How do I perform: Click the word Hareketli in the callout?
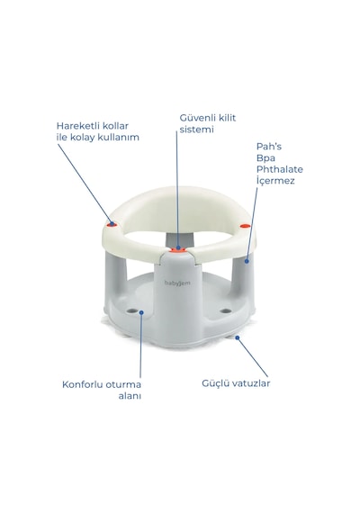point(76,126)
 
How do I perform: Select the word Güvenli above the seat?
point(197,118)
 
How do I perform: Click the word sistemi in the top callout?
point(197,130)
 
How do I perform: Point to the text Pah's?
point(269,146)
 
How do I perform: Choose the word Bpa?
point(265,158)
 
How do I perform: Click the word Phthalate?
point(280,169)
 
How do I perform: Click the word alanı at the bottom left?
point(130,395)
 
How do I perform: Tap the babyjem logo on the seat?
point(177,283)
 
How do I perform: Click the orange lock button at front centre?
point(178,250)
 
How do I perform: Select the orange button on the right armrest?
point(245,226)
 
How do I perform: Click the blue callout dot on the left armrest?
point(112,224)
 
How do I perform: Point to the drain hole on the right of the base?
point(225,310)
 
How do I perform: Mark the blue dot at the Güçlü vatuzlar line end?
point(238,337)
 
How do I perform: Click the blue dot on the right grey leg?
point(247,261)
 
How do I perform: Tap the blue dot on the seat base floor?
point(141,312)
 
